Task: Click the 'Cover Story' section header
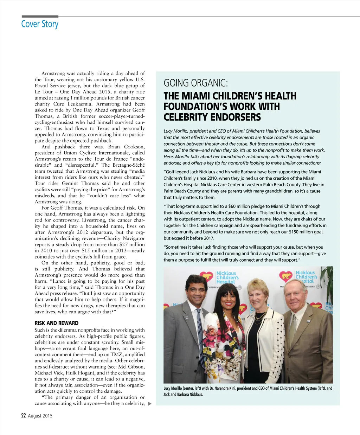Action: click(x=40, y=24)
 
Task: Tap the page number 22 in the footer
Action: click(x=24, y=415)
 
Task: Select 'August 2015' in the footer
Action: click(x=40, y=416)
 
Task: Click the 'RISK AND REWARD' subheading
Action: click(x=57, y=323)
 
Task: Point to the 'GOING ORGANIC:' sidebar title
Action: click(x=196, y=83)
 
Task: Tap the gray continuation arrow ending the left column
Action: click(x=149, y=404)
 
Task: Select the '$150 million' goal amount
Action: click(x=300, y=232)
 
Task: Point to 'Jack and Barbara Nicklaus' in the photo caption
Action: click(x=183, y=394)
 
